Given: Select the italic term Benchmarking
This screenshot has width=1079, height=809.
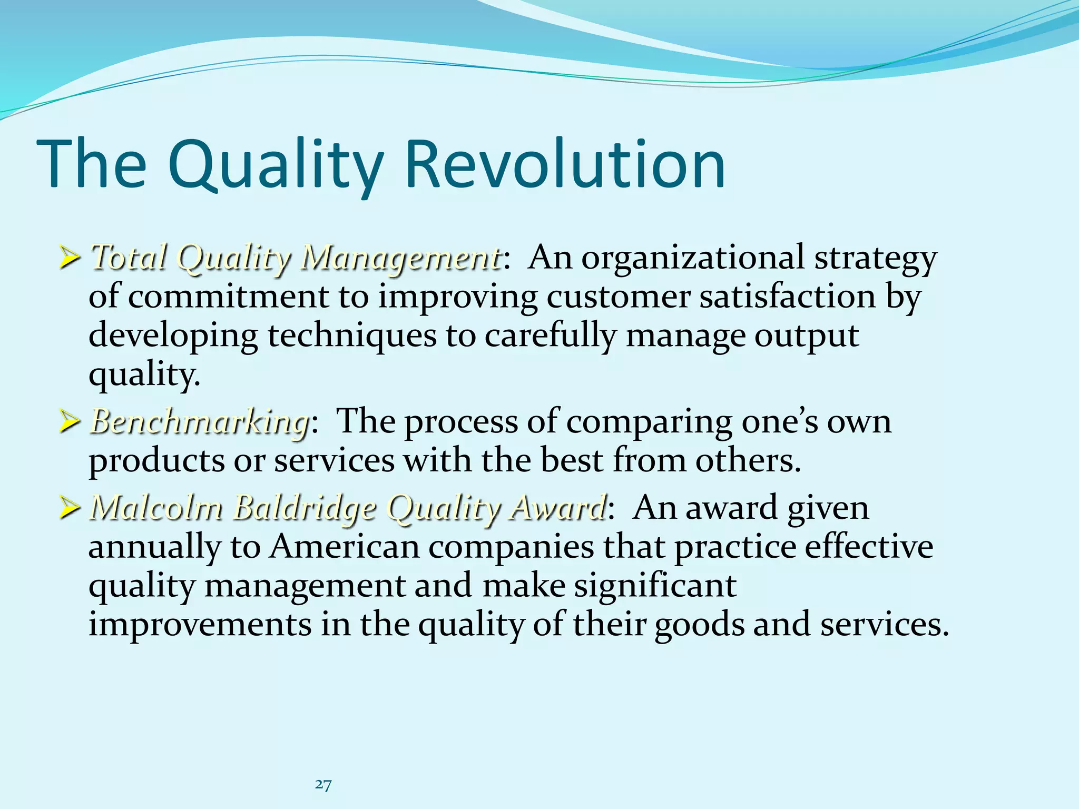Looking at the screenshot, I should point(200,422).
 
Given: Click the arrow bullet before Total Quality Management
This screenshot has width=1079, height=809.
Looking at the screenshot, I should point(70,259).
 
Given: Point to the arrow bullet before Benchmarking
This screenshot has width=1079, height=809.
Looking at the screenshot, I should point(70,423).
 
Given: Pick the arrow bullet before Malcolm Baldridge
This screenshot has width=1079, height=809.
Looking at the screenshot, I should point(70,509).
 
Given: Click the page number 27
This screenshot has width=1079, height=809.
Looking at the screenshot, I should point(323,785).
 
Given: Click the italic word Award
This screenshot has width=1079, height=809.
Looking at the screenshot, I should point(557,508).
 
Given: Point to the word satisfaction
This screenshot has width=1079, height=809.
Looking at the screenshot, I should point(787,297).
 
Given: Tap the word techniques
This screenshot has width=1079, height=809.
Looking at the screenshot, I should point(352,336).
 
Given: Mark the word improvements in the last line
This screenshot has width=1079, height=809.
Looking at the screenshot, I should point(200,624).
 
